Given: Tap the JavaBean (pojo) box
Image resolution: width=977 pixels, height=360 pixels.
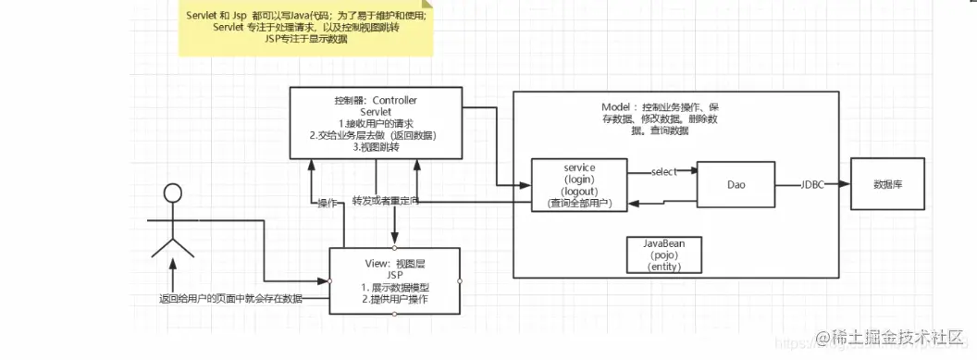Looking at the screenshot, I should pos(662,254).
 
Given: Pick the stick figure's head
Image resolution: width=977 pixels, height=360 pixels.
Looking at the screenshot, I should pos(171,193).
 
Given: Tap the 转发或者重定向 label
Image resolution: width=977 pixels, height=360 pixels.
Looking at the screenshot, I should pos(386,201).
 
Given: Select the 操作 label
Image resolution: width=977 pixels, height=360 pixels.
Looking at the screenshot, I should pos(326,204).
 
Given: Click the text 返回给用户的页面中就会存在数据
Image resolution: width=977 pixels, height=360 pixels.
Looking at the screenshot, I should pos(229,299).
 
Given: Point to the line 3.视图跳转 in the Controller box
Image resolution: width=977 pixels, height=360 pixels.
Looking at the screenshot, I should pos(375,147).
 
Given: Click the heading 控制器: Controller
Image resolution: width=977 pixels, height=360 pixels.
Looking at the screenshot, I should pos(375,99).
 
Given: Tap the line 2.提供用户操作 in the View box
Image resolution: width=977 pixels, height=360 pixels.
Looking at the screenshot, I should pos(394,300).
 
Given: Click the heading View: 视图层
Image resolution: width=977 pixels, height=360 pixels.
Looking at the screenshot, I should pos(394,263).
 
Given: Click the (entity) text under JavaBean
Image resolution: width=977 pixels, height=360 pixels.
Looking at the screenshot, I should pos(662,267).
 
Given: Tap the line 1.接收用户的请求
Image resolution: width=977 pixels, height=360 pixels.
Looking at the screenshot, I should pos(375,123).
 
